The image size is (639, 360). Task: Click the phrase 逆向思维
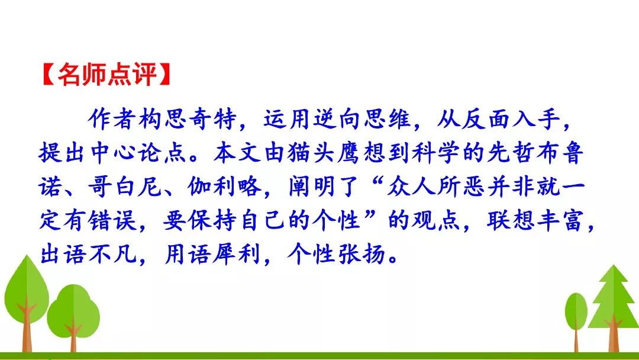pyautogui.click(x=362, y=120)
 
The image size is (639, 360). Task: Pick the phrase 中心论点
pyautogui.click(x=138, y=153)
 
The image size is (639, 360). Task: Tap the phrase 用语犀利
pyautogui.click(x=212, y=255)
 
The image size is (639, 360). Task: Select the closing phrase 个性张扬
pyautogui.click(x=337, y=255)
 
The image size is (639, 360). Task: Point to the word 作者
pyautogui.click(x=112, y=120)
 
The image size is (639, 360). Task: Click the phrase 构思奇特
pyautogui.click(x=188, y=120)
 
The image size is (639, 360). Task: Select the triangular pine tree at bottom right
pyautogui.click(x=613, y=308)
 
